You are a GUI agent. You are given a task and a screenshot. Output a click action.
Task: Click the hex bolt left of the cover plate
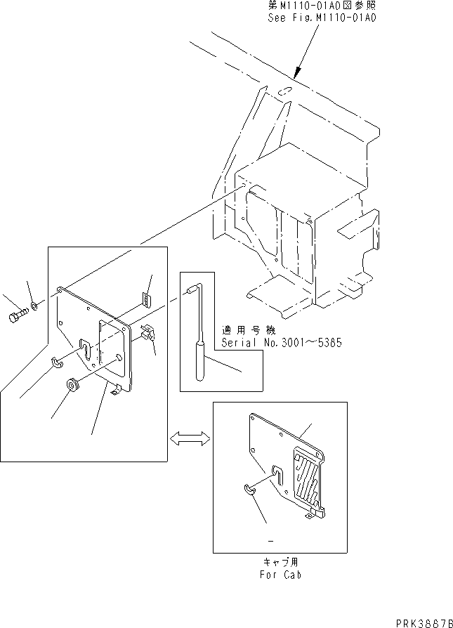[18, 315]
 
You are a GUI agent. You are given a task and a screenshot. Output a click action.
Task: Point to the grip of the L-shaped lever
[200, 362]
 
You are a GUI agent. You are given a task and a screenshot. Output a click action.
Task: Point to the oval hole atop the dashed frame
[284, 91]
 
